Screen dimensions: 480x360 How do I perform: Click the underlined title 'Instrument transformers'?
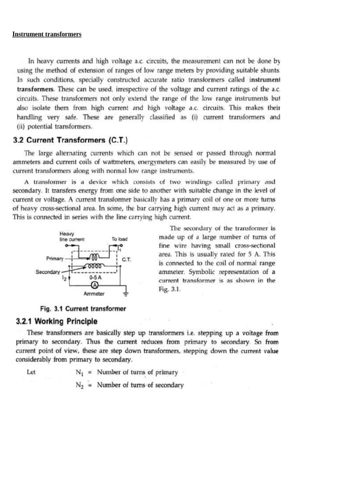point(47,34)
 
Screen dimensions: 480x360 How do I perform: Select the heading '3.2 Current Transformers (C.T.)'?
point(72,140)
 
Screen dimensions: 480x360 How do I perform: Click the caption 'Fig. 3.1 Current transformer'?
point(83,308)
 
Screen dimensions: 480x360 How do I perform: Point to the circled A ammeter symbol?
point(94,285)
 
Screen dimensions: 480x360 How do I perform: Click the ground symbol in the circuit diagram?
point(125,294)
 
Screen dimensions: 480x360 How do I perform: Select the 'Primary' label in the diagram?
point(55,258)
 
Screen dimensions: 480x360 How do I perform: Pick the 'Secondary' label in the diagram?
point(48,271)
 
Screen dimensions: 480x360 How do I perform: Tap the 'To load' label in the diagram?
point(120,239)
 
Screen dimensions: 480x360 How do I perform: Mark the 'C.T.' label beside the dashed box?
point(127,259)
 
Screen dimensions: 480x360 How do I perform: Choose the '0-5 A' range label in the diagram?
point(96,277)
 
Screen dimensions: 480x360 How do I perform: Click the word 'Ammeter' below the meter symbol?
point(94,294)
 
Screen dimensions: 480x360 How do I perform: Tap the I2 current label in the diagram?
point(64,278)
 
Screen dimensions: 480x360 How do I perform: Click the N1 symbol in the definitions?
point(79,373)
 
